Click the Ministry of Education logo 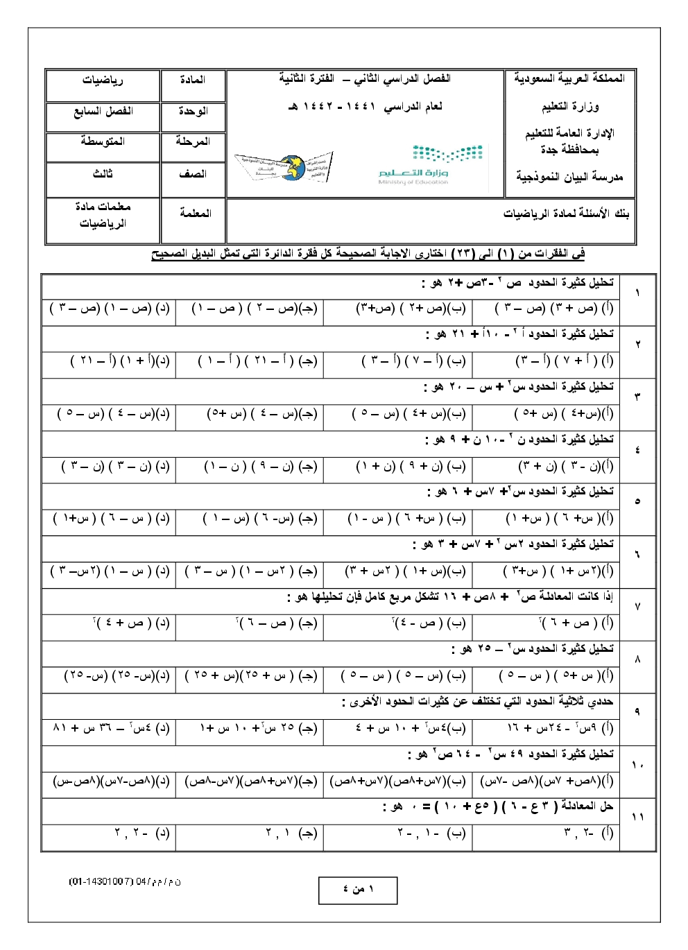click(413, 165)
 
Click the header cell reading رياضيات click(103, 80)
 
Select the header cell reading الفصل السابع click(103, 112)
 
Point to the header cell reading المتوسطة click(103, 141)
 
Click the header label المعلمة click(194, 214)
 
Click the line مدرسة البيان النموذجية click(569, 177)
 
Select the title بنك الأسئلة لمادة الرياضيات click(566, 214)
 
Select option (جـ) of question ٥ click(259, 519)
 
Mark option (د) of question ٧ click(131, 623)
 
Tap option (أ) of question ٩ click(560, 728)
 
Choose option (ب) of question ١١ click(431, 834)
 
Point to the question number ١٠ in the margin click(637, 765)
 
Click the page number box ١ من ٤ click(358, 890)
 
